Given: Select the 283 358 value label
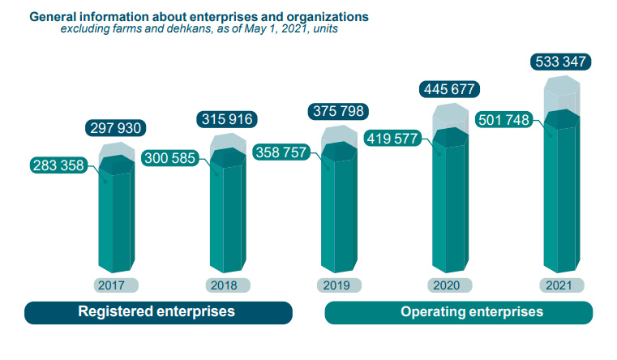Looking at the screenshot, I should pos(58,166).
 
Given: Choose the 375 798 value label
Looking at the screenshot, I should pos(337,112).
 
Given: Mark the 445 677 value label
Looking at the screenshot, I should pos(448,89).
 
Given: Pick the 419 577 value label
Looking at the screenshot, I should pos(393,138).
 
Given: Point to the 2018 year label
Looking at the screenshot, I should pos(226,285).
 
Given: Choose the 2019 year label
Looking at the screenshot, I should pos(337,285).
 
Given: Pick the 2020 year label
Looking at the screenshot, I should pos(448,285).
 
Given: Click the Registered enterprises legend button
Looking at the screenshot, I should pos(157,312).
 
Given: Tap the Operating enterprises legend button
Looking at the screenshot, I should pos(459,312).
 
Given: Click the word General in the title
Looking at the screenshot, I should pos(53,16).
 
